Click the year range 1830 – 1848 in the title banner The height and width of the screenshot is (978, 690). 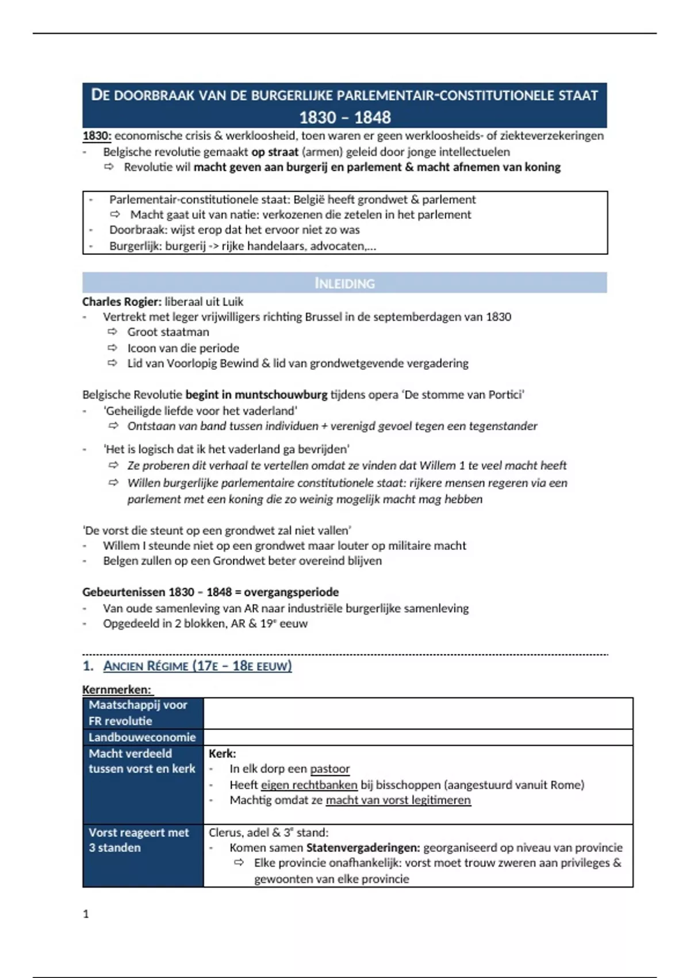(x=344, y=117)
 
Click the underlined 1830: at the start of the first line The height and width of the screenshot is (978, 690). (x=97, y=136)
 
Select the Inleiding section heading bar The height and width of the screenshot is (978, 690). (x=344, y=283)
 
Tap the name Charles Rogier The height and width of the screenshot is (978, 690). (x=121, y=301)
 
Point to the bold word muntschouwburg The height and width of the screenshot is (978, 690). (x=281, y=395)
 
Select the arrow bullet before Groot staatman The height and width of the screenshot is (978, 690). (x=113, y=332)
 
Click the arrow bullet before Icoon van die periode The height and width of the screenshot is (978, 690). (x=113, y=347)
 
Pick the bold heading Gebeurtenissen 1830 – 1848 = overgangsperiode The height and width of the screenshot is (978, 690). (x=210, y=592)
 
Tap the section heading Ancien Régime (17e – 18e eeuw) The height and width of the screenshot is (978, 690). (x=197, y=666)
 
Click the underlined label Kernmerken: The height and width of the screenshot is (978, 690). (x=117, y=689)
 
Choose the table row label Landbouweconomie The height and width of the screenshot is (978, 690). (x=142, y=737)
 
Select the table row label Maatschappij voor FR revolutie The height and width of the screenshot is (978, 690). (x=138, y=713)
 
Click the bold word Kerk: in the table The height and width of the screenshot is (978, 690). (x=222, y=753)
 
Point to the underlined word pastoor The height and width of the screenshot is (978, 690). (x=329, y=769)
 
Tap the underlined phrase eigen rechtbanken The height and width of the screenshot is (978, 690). (x=309, y=785)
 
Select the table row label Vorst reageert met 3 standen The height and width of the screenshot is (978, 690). (x=139, y=840)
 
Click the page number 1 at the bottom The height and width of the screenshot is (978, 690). (x=86, y=914)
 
